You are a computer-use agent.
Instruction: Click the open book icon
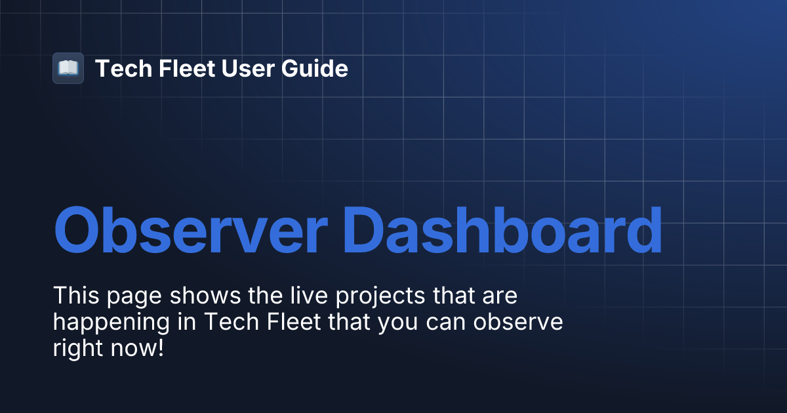coord(68,68)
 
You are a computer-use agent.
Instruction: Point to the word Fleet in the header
coord(179,68)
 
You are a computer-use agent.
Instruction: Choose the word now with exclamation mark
coord(138,349)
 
